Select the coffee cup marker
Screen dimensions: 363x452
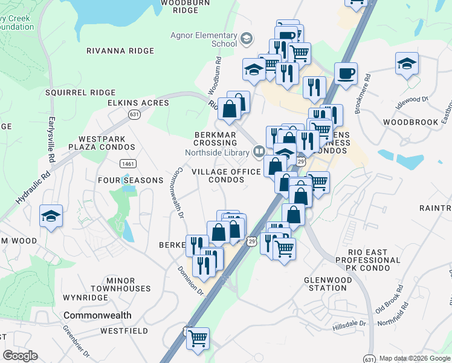346,74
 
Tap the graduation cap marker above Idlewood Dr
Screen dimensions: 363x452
407,64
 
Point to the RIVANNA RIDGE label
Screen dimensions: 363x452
120,51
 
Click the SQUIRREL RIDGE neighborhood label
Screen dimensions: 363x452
80,93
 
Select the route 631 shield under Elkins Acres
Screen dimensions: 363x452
134,114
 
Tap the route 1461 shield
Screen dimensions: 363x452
128,163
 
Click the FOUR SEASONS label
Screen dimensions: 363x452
131,180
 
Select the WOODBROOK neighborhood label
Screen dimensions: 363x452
411,122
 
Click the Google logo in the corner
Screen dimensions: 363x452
20,356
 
